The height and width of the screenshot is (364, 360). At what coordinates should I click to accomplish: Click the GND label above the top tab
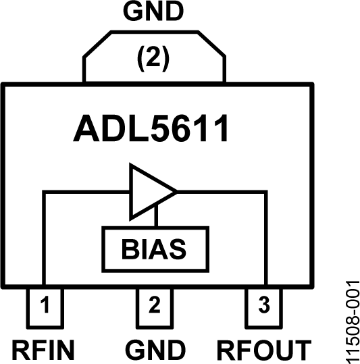pos(153,12)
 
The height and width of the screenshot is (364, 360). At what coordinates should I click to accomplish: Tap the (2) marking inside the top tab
pos(153,58)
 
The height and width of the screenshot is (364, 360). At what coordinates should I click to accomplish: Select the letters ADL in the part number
pos(111,130)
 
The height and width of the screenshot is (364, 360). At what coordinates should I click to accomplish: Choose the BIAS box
pos(154,247)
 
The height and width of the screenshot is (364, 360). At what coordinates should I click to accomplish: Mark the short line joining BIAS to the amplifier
pos(155,218)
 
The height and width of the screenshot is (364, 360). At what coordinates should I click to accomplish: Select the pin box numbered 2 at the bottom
pos(154,306)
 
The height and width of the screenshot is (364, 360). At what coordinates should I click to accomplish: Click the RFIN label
pos(43,350)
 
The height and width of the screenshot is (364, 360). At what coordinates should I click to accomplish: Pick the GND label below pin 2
pos(155,350)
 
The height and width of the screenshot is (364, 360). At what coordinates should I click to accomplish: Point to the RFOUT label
pos(264,350)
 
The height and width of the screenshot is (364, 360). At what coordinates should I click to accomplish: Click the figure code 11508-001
pos(349,322)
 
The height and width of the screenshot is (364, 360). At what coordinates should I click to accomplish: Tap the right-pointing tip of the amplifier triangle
pos(175,191)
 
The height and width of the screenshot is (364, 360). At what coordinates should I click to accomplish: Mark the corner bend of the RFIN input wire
pos(44,192)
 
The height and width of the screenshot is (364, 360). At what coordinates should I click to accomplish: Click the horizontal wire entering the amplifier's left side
pos(88,192)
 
